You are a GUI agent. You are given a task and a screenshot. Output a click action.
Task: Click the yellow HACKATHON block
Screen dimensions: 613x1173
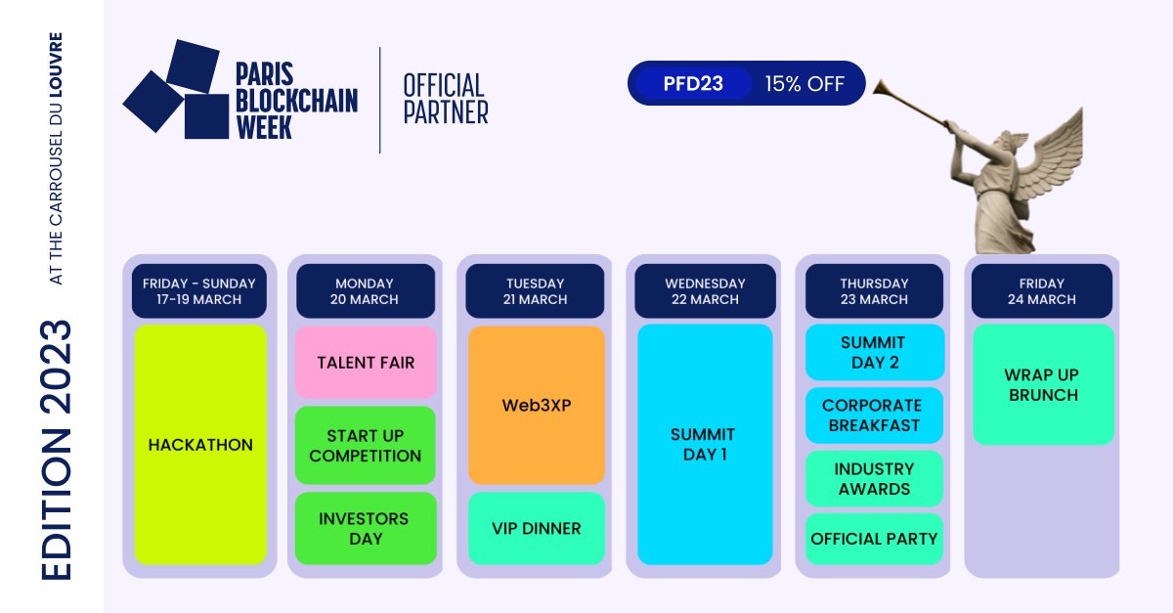click(200, 445)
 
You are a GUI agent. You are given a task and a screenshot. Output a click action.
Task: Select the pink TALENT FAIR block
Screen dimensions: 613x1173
click(366, 363)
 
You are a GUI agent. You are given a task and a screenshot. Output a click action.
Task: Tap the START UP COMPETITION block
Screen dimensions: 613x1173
click(366, 445)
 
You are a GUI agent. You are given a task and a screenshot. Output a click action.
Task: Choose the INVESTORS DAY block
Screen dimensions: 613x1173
click(365, 528)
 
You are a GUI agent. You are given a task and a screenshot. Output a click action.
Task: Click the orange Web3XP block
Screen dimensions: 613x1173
click(536, 405)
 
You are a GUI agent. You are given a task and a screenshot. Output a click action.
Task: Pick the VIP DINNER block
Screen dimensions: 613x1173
click(536, 529)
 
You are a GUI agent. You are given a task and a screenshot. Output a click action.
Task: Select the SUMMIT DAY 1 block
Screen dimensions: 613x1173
click(704, 445)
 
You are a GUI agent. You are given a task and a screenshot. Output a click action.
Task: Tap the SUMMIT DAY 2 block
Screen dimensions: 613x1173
click(874, 352)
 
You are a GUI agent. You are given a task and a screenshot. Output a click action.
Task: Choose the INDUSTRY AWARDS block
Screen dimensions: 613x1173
click(874, 479)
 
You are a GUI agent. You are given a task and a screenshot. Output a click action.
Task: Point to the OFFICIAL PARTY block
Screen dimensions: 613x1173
click(874, 539)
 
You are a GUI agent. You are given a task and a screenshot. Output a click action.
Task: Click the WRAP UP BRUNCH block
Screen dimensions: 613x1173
click(1042, 385)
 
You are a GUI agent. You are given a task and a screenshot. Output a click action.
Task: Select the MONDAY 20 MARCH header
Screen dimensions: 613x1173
click(366, 291)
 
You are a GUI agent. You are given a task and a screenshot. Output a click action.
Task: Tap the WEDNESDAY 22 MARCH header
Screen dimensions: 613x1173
click(704, 291)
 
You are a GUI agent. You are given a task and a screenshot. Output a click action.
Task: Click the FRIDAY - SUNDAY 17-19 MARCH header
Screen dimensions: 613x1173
click(199, 291)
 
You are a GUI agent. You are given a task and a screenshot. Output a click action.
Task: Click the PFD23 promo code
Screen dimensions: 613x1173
click(692, 84)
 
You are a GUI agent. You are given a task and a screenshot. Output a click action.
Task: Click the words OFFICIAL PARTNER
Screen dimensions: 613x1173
click(446, 99)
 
